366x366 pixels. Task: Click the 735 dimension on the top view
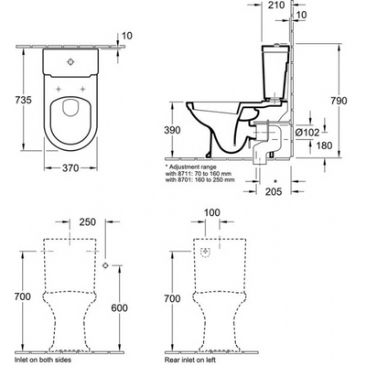(x=24, y=100)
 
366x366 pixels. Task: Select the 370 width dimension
(x=70, y=167)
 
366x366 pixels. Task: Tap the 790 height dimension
(x=339, y=101)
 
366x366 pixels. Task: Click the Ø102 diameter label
(x=307, y=133)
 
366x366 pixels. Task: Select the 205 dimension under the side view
(x=274, y=191)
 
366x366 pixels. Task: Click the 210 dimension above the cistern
(x=276, y=5)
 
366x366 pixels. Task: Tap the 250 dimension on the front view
(x=88, y=222)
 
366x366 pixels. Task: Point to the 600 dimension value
(x=119, y=307)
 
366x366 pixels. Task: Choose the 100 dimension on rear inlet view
(x=212, y=212)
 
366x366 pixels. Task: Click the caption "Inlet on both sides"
(x=42, y=360)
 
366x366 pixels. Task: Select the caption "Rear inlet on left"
(x=190, y=360)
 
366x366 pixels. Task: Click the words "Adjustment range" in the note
(x=193, y=167)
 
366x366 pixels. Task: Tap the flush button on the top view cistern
(x=70, y=61)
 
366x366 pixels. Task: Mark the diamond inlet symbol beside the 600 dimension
(x=105, y=265)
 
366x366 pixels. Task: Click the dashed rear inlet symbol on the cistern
(x=206, y=253)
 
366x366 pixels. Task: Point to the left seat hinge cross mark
(x=59, y=89)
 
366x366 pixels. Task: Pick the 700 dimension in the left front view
(x=23, y=296)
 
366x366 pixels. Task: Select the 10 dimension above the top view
(x=127, y=36)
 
